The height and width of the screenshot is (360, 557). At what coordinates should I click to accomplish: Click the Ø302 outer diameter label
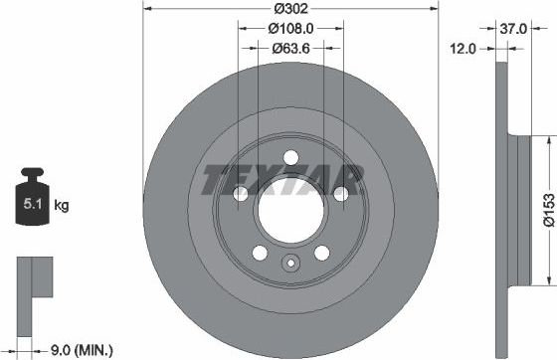[289, 11]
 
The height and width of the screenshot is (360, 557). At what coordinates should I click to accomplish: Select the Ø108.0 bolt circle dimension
[289, 29]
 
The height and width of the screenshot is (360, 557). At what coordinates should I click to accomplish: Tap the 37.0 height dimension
[513, 29]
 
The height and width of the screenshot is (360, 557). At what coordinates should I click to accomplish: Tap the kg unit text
[62, 206]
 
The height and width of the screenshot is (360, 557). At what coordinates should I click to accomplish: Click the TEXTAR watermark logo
[281, 181]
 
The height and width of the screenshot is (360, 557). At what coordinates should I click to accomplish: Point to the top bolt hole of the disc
[290, 157]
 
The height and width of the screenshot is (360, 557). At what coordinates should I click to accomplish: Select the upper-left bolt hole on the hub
[241, 195]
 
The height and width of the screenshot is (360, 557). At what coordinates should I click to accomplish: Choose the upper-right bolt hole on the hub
[340, 195]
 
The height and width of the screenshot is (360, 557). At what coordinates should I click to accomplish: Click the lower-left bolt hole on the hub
[259, 253]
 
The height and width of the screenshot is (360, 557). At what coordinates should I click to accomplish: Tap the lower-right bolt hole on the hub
[321, 253]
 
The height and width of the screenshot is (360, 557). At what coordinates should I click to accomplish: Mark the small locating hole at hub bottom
[290, 264]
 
